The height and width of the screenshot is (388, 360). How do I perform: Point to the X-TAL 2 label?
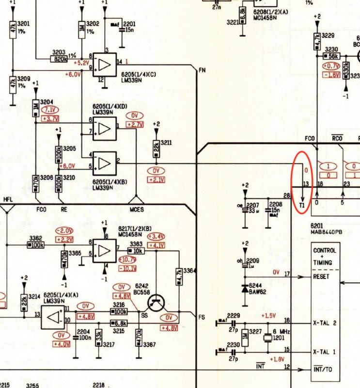(x=325, y=322)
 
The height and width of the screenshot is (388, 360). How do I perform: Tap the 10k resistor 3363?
(x=137, y=251)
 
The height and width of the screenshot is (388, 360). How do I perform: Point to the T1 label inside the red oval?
(x=302, y=206)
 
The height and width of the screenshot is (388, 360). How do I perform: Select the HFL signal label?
(x=8, y=200)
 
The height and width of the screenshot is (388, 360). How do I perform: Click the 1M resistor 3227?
(x=245, y=337)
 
